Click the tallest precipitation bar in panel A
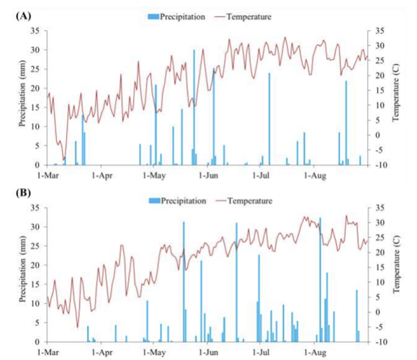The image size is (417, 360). point(194,108)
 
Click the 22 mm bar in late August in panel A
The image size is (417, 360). point(346,122)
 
